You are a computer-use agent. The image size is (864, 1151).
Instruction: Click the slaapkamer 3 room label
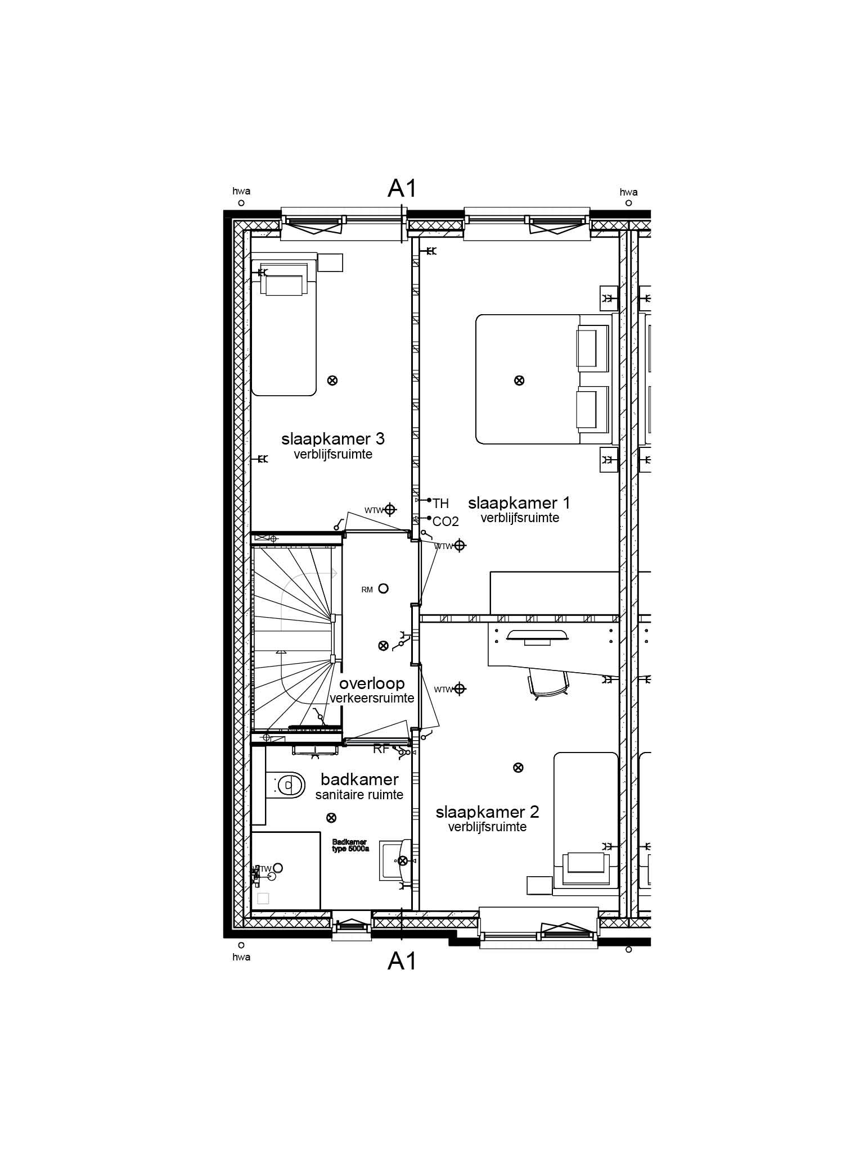click(x=333, y=438)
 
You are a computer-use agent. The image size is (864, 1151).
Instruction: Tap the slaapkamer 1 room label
click(x=519, y=502)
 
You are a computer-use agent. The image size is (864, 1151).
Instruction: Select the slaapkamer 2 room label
click(x=487, y=812)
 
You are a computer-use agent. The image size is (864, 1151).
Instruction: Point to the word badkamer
click(x=359, y=779)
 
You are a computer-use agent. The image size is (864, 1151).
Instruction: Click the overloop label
click(x=372, y=683)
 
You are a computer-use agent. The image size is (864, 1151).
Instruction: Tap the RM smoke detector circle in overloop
click(x=384, y=588)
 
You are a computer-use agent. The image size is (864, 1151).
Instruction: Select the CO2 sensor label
click(x=445, y=522)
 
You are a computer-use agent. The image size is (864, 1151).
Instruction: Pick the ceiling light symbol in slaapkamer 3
click(x=332, y=380)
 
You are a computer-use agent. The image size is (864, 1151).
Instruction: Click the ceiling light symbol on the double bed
click(x=519, y=380)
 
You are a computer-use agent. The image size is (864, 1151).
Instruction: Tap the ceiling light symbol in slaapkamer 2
click(x=519, y=767)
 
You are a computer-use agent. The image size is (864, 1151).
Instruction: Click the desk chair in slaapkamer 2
click(x=548, y=684)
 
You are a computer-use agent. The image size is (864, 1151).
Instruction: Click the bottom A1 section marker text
click(x=402, y=962)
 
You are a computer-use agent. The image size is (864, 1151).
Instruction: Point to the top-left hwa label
click(x=241, y=191)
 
